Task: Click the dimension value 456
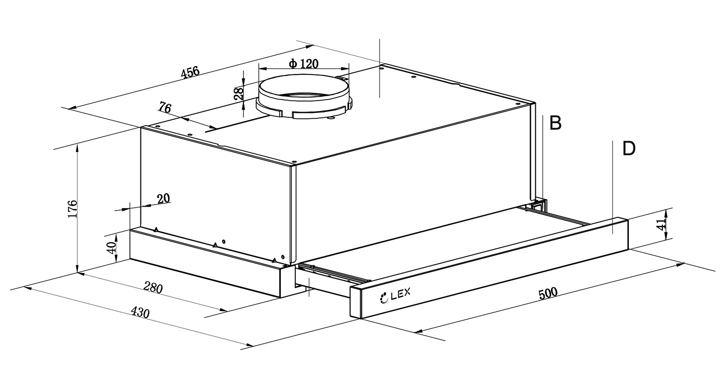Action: pyautogui.click(x=190, y=72)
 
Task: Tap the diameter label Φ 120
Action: pyautogui.click(x=304, y=64)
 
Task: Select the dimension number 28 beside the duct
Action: pyautogui.click(x=239, y=94)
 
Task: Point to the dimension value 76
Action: pyautogui.click(x=165, y=107)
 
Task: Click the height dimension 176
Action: pyautogui.click(x=72, y=209)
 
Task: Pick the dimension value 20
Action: pyautogui.click(x=163, y=198)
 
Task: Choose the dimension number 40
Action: pyautogui.click(x=112, y=247)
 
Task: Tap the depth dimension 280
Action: pyautogui.click(x=153, y=287)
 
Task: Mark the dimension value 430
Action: pyautogui.click(x=140, y=313)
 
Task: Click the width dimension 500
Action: pyautogui.click(x=548, y=293)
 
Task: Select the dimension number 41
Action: pyautogui.click(x=661, y=225)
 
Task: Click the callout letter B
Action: pyautogui.click(x=555, y=123)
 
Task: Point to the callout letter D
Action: pyautogui.click(x=629, y=148)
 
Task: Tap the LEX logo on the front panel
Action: pyautogui.click(x=394, y=297)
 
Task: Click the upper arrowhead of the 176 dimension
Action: pyautogui.click(x=78, y=147)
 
